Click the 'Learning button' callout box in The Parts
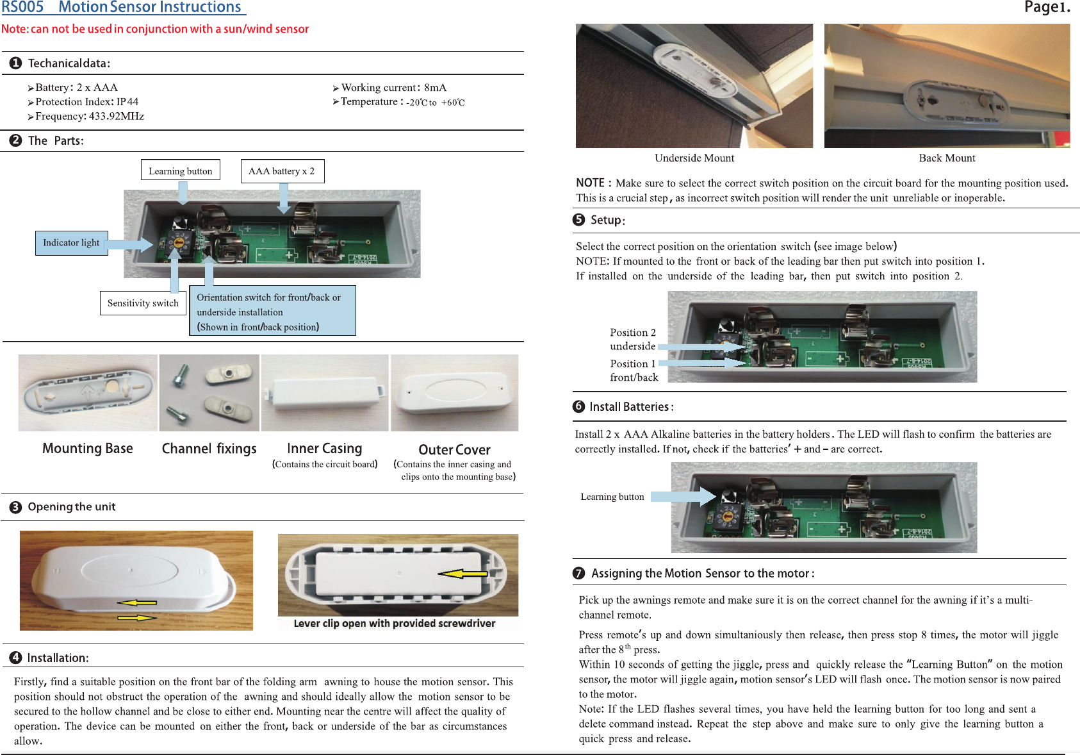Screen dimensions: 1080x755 click(180, 171)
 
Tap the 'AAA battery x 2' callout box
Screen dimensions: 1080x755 click(282, 171)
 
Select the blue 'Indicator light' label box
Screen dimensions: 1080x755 click(71, 243)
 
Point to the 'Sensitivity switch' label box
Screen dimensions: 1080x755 click(143, 303)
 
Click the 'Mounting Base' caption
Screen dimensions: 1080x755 click(88, 449)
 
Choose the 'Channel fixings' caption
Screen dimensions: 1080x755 click(209, 449)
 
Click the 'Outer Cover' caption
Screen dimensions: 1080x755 click(454, 450)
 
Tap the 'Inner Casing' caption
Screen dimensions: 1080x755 click(324, 449)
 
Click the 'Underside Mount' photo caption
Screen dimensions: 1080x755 click(694, 158)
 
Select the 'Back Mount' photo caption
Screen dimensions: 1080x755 click(947, 158)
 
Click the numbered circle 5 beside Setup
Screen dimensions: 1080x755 click(579, 220)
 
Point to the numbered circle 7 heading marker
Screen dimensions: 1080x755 click(579, 574)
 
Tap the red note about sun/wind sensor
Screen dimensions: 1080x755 click(155, 29)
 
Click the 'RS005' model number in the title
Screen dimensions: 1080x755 click(22, 8)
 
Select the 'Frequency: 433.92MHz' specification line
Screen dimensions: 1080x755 click(89, 116)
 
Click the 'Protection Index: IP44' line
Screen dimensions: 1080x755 click(86, 102)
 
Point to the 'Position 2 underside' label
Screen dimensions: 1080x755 click(633, 339)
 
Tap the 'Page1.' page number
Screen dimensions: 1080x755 click(1047, 8)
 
